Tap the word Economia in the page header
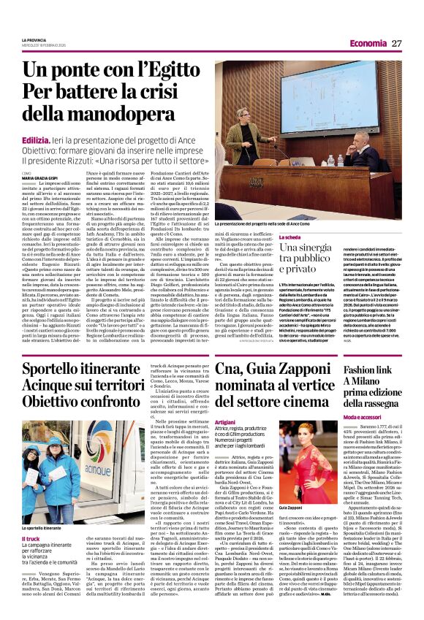(x=367, y=43)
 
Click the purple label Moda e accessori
(x=366, y=416)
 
